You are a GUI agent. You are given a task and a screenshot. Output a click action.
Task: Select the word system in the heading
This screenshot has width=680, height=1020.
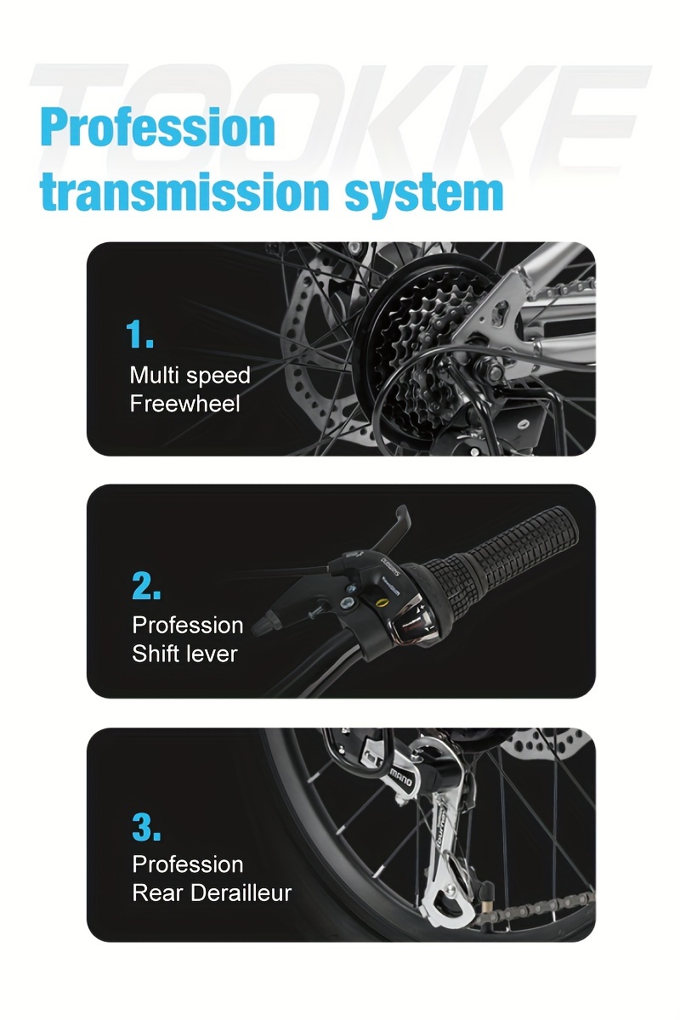[x=424, y=195]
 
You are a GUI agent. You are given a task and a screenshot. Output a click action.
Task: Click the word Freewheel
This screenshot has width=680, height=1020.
[x=184, y=404]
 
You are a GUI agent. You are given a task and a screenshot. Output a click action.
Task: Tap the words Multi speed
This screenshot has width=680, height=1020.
[x=190, y=377]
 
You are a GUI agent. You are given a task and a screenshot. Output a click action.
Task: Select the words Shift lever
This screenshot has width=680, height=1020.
[x=184, y=654]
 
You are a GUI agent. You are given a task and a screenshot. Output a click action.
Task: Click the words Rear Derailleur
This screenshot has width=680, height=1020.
[x=212, y=893]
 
